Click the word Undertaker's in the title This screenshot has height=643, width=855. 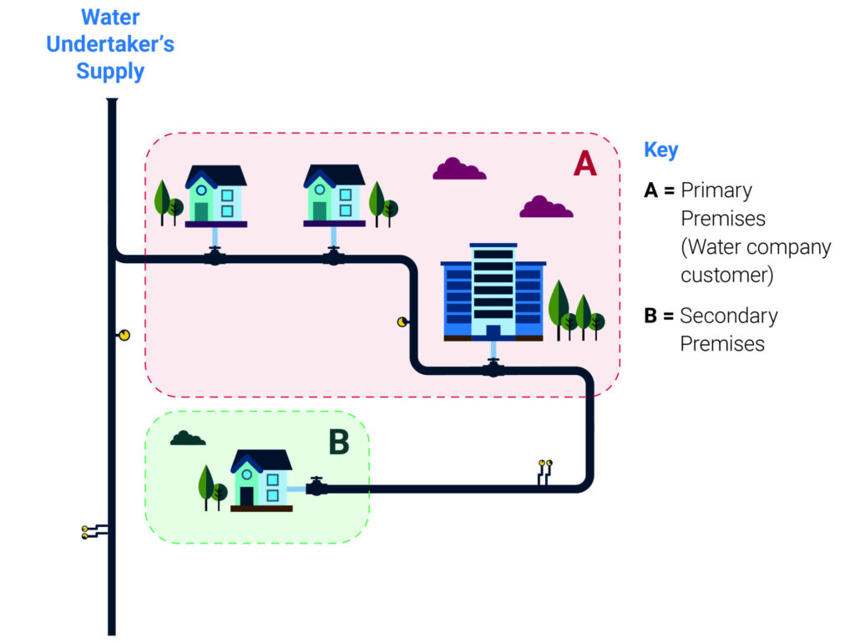coord(110,43)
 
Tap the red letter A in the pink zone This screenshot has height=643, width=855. coord(584,164)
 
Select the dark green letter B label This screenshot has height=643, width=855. coord(338,443)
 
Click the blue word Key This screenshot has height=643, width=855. coord(660,150)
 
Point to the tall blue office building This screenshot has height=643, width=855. coord(493,292)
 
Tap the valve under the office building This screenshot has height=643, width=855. coord(493,367)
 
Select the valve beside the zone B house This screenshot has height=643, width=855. coord(316,487)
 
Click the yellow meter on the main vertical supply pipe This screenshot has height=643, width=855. coord(124,335)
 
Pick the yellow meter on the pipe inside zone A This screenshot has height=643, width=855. coord(402,321)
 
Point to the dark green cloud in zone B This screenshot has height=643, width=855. coord(188,438)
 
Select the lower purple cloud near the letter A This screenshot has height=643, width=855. coord(546,207)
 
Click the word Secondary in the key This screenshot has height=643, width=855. coord(728,316)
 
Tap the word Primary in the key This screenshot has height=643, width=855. coord(716,190)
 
